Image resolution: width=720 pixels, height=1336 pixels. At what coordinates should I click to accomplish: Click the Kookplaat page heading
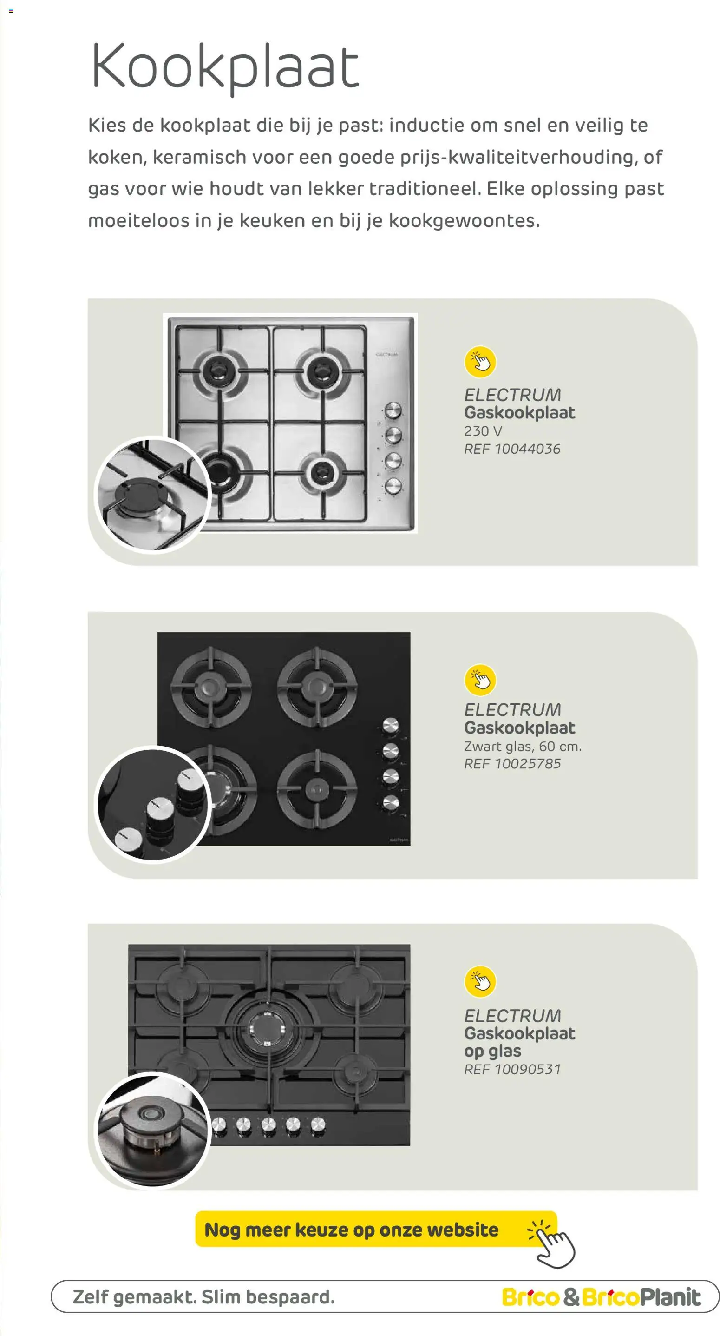pos(225,67)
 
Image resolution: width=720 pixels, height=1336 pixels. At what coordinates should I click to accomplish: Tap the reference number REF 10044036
pos(512,449)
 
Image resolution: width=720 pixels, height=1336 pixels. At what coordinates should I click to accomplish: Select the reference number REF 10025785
pos(512,763)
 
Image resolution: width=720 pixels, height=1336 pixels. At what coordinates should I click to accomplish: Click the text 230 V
pos(483,431)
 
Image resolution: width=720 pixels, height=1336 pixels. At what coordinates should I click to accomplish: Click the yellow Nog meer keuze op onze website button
pos(376,1229)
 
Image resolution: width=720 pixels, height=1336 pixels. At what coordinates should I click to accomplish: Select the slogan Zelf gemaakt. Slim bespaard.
pos(204,1297)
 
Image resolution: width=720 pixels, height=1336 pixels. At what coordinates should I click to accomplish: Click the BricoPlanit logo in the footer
pos(641,1297)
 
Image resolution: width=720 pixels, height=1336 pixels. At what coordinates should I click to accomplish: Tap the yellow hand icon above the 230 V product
pos(480,362)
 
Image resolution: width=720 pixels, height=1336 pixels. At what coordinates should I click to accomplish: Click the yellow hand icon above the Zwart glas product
pos(480,680)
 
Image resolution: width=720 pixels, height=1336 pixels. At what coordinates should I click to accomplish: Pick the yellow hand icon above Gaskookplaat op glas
pos(480,981)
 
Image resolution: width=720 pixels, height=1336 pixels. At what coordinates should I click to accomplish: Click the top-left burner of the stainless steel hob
pos(220,371)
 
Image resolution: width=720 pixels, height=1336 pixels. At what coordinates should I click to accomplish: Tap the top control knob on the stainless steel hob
pos(393,411)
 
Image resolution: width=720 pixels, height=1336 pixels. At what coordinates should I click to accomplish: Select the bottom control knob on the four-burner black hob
pos(390,803)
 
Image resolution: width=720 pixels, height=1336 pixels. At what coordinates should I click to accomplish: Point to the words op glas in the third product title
pos(492,1051)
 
